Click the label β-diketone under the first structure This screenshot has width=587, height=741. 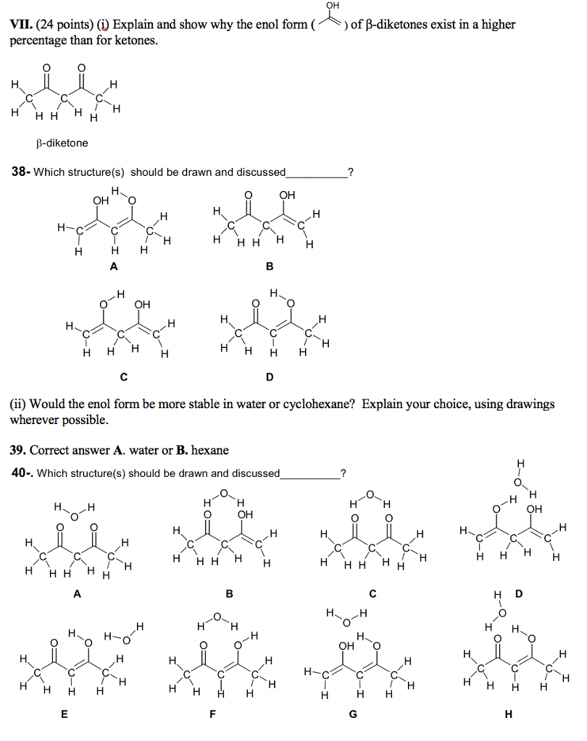click(62, 143)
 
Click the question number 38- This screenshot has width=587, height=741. click(20, 172)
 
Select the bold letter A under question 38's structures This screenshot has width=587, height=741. click(112, 266)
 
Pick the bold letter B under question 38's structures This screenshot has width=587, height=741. click(270, 266)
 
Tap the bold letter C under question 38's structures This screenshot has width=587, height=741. click(124, 377)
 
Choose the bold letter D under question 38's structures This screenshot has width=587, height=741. click(270, 377)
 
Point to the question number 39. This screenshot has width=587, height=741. click(18, 450)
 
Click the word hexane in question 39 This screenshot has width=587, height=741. click(210, 450)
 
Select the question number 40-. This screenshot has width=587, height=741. click(21, 473)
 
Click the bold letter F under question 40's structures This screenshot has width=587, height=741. click(212, 715)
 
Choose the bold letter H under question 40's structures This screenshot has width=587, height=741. click(508, 715)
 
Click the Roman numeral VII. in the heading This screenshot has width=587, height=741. click(21, 25)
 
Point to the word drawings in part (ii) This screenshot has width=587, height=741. click(529, 404)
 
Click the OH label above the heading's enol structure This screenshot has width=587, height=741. click(333, 6)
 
